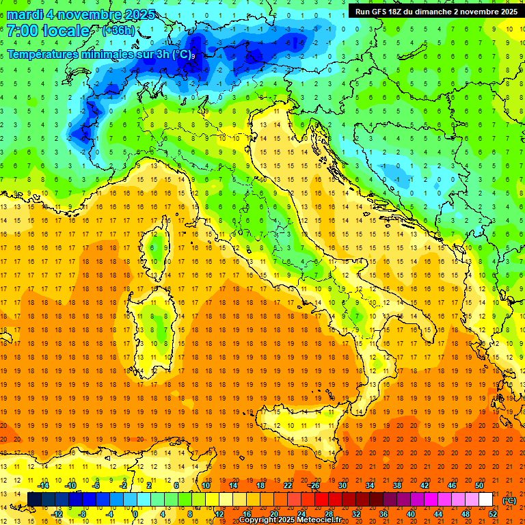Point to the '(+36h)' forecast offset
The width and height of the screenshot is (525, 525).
pyautogui.click(x=118, y=31)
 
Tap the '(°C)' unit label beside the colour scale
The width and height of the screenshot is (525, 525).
pyautogui.click(x=509, y=500)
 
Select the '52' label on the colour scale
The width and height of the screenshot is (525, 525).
pyautogui.click(x=492, y=513)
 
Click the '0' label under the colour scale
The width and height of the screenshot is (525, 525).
pyautogui.click(x=135, y=513)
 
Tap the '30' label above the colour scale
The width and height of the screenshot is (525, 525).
pyautogui.click(x=342, y=485)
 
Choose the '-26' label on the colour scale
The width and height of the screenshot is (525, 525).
pyautogui.click(x=314, y=485)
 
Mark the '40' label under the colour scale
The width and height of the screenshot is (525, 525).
pyautogui.click(x=410, y=513)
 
